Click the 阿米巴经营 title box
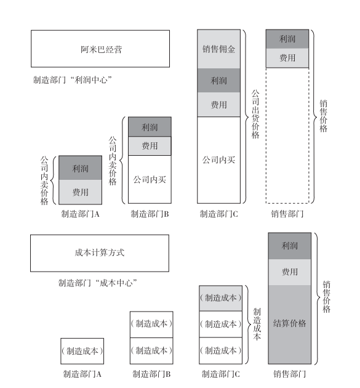100,49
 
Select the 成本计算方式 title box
100,253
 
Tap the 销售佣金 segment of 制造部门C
218,49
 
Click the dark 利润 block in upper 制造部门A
81,168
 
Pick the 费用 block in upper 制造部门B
150,146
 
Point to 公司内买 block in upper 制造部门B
150,179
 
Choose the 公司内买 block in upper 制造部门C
218,160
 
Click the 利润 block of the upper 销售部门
287,39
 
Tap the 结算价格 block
289,324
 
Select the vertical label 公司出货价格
255,114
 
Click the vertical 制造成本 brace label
257,324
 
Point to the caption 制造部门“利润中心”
73,80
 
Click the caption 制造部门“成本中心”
98,283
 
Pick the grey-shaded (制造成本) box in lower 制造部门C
220,298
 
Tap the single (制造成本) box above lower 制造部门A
82,351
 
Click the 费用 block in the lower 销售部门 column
289,272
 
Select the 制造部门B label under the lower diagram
151,374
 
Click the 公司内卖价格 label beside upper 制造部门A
44,180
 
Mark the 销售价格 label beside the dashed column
324,116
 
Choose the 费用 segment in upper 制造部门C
218,105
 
